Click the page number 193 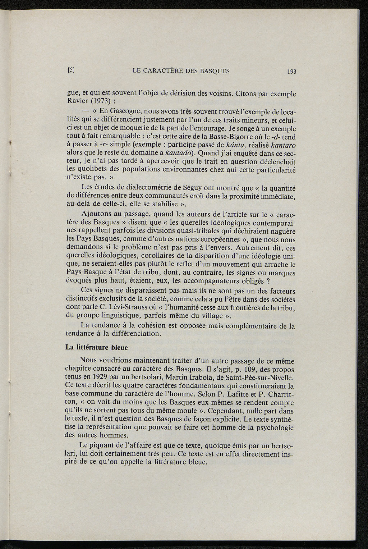[x=291, y=72]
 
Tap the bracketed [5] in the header [x=71, y=70]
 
